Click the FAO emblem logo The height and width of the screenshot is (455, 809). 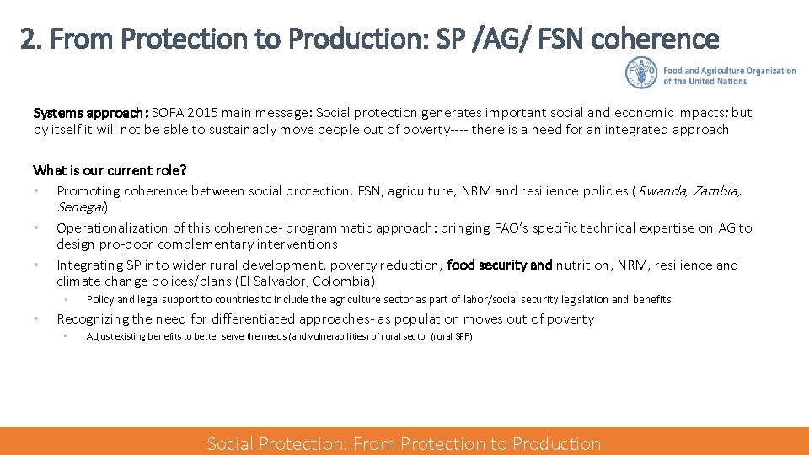point(640,73)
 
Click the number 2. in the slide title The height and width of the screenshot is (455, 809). point(31,40)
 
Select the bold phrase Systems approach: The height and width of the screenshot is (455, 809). point(91,113)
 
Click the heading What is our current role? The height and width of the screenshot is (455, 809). point(110,170)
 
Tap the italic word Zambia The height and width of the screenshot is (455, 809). point(718,191)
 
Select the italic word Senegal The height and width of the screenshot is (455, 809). point(80,207)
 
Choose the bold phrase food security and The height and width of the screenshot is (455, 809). point(500,265)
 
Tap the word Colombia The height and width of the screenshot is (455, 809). point(343,281)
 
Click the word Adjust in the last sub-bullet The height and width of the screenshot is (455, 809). point(100,337)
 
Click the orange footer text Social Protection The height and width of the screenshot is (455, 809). point(276,444)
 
